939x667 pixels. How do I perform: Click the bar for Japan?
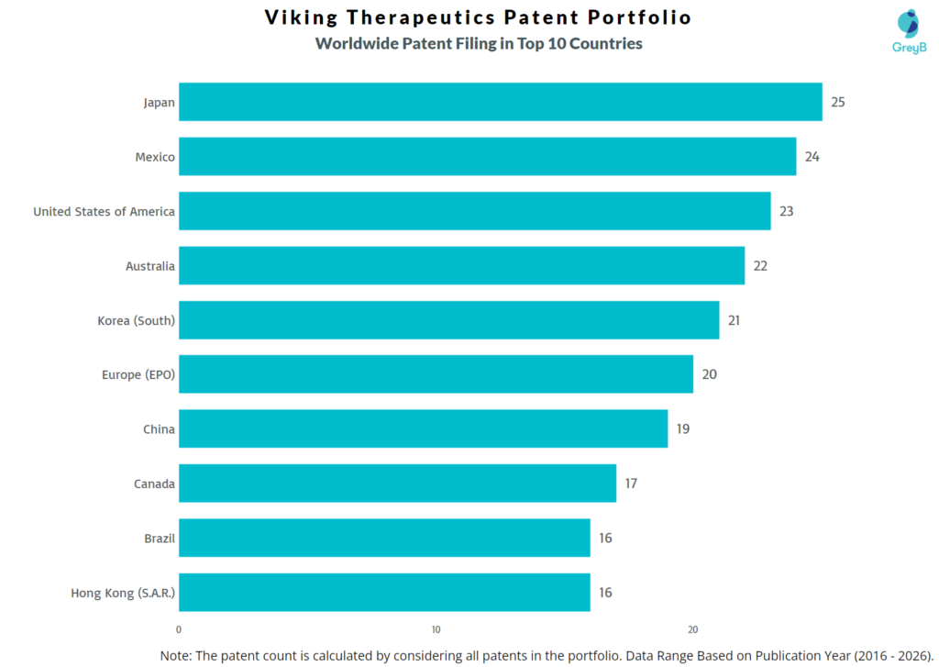click(x=500, y=102)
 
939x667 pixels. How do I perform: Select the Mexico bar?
click(x=487, y=157)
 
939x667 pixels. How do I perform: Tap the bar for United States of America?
click(x=474, y=211)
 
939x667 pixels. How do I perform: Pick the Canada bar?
click(x=397, y=484)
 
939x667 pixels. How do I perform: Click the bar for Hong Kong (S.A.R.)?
click(x=384, y=593)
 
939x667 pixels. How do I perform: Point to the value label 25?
click(x=837, y=102)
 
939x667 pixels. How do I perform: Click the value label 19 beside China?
click(x=683, y=429)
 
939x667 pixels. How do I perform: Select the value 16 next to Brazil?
click(x=606, y=539)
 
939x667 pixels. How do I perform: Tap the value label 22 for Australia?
click(x=760, y=266)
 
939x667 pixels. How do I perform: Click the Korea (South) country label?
click(x=136, y=320)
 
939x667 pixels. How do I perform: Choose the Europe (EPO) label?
click(x=138, y=374)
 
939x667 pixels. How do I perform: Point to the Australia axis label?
click(x=149, y=266)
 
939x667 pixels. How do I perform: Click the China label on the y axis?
click(x=159, y=429)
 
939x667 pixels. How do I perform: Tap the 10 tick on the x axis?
click(x=436, y=629)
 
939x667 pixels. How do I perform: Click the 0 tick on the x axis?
click(x=179, y=629)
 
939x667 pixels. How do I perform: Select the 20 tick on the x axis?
click(x=693, y=629)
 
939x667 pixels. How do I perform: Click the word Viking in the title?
click(x=304, y=17)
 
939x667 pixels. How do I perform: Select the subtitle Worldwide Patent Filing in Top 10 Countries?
click(x=478, y=44)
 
